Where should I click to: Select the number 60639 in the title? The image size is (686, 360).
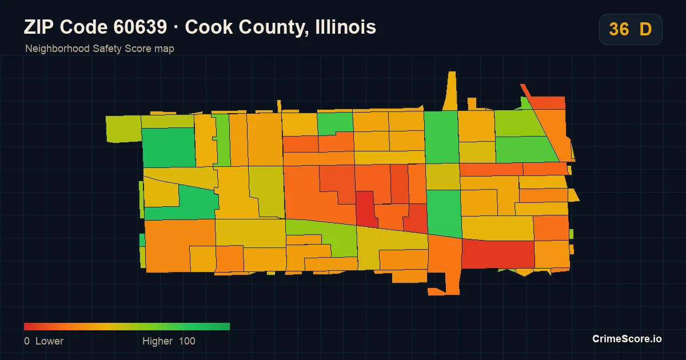click(x=140, y=27)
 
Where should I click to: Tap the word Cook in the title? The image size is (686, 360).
click(x=209, y=27)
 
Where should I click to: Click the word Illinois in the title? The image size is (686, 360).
click(x=345, y=27)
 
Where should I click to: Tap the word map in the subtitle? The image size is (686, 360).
click(x=164, y=49)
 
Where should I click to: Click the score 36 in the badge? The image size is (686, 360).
click(x=619, y=29)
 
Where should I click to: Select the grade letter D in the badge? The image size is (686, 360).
click(x=645, y=29)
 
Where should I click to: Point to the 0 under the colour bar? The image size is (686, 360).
click(x=27, y=341)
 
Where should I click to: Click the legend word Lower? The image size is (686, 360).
click(x=49, y=341)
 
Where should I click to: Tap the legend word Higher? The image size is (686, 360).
click(x=157, y=341)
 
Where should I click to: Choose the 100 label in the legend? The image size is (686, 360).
click(x=187, y=341)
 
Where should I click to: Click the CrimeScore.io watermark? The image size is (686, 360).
click(x=627, y=339)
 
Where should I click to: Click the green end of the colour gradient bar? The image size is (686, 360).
click(x=228, y=326)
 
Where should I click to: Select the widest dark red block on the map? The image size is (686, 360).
click(x=498, y=254)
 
